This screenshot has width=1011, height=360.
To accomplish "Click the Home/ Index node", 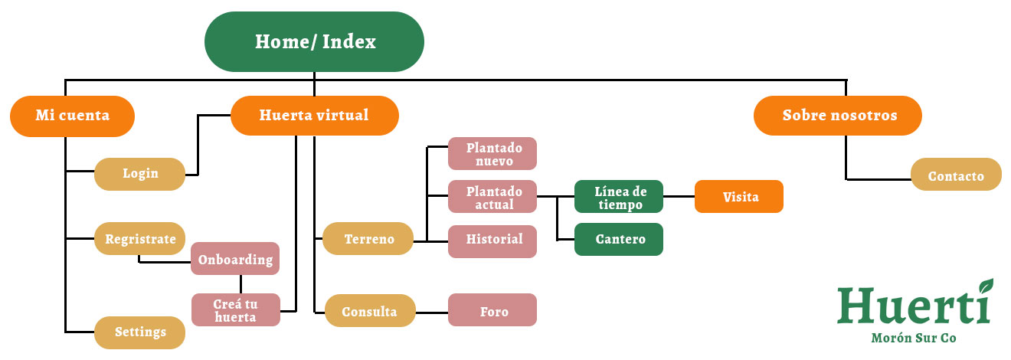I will [314, 41].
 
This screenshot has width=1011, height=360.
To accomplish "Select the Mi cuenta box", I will [73, 116].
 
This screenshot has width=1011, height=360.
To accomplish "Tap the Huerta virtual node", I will [314, 116].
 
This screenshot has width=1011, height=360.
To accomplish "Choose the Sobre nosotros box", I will [839, 116].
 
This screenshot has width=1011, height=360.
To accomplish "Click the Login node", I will [140, 174].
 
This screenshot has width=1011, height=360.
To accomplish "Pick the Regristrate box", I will [140, 238].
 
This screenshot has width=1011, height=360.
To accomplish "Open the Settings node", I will [140, 332].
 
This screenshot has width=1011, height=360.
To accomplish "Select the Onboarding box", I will [235, 259].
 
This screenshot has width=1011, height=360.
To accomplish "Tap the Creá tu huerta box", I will [235, 309].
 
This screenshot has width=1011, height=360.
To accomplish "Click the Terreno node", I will [368, 239].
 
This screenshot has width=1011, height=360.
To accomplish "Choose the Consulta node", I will [370, 312].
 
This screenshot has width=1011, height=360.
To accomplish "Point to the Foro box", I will [492, 312].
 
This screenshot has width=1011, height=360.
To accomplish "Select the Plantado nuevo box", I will [492, 154].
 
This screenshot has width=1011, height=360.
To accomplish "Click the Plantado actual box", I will [492, 198].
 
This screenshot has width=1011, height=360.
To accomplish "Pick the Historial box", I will [492, 240].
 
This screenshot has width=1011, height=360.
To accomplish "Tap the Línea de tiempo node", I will [619, 198].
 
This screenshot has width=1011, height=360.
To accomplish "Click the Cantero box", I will [619, 240].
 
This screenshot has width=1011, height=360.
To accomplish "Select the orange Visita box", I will [739, 197].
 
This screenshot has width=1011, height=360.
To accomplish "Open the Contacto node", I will [956, 175].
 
